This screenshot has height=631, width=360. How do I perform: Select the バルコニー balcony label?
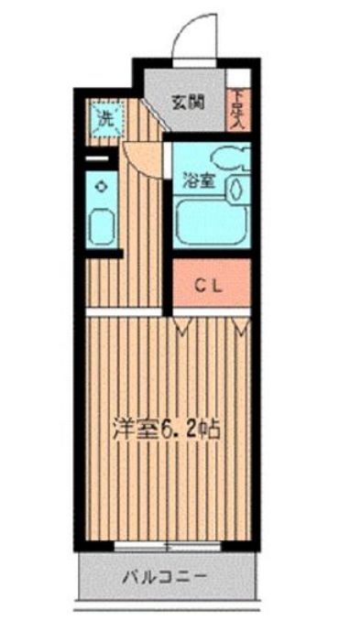(165, 578)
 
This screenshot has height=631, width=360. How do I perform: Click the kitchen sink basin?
(103, 225)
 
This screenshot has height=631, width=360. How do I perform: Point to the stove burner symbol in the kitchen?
(101, 187)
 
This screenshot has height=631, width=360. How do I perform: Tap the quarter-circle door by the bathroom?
(142, 156)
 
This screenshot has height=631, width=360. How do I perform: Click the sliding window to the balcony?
(166, 547)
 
